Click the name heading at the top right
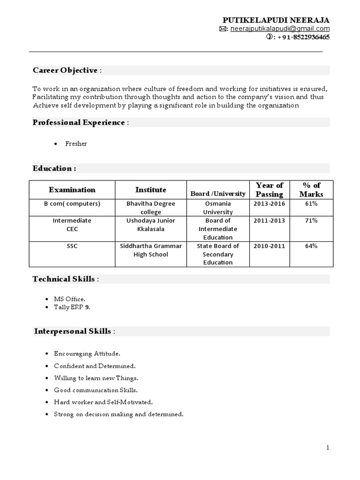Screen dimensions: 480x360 click(276, 20)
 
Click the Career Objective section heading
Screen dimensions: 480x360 click(66, 70)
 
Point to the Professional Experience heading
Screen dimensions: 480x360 click(79, 122)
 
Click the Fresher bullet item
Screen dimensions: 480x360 click(76, 144)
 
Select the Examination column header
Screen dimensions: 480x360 click(72, 190)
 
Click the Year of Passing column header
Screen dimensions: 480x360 click(270, 189)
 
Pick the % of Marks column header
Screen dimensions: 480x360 click(311, 189)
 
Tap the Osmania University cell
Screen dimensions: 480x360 click(218, 208)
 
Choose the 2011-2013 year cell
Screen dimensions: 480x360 click(270, 220)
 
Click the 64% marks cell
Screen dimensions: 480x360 click(311, 246)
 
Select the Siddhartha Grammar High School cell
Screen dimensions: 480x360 click(151, 250)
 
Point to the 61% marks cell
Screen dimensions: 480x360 click(311, 204)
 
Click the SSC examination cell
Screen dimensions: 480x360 click(72, 246)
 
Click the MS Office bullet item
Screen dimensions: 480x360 click(70, 299)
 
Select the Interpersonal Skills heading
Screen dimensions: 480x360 click(73, 331)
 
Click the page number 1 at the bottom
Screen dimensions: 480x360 click(328, 448)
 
